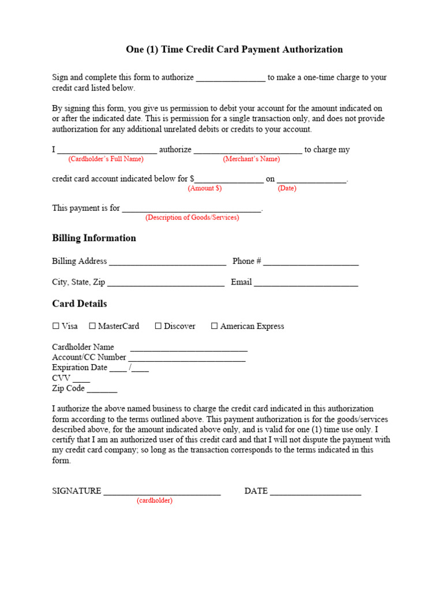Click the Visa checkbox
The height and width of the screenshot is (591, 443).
click(56, 326)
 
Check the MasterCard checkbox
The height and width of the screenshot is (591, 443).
click(92, 326)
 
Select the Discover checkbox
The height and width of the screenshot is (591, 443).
click(158, 326)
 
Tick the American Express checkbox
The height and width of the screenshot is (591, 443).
click(215, 326)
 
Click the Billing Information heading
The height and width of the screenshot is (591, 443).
click(94, 238)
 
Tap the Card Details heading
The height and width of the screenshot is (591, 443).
click(80, 304)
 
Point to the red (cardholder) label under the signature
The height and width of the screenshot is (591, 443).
click(155, 501)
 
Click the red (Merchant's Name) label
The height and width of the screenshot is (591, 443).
click(251, 159)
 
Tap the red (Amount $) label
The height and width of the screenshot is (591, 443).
click(205, 189)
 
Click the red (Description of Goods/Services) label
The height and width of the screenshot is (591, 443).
click(192, 218)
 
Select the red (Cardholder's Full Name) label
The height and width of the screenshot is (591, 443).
click(106, 159)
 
